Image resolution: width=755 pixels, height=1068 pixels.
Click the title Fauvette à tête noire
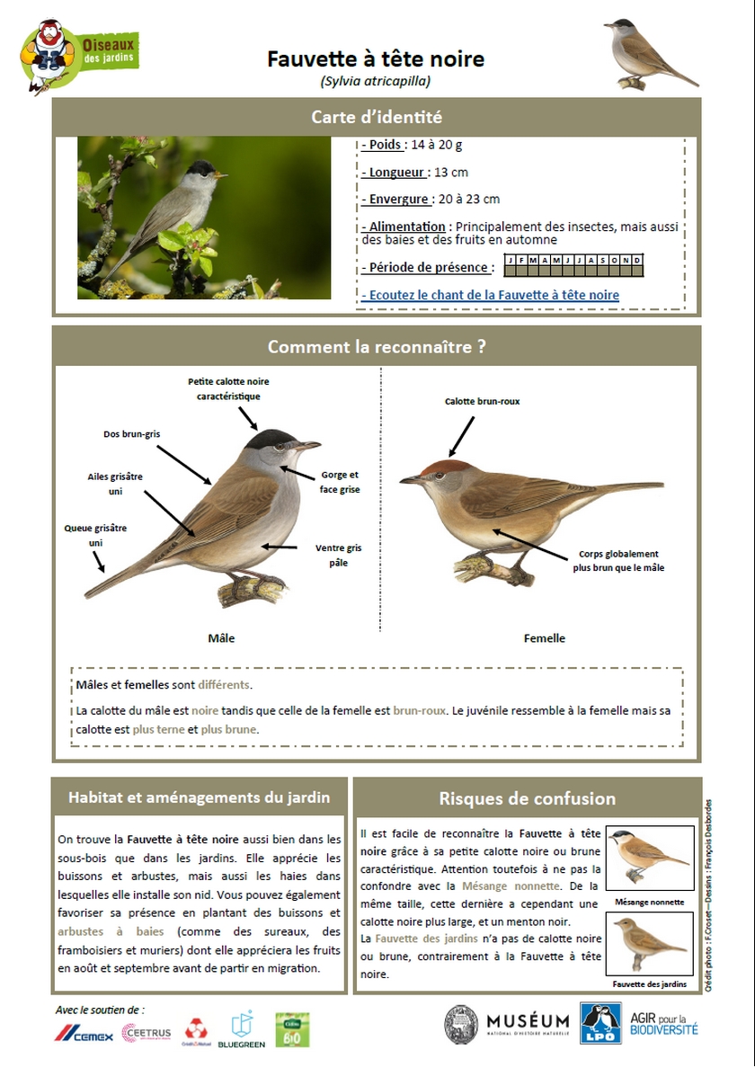point(376,59)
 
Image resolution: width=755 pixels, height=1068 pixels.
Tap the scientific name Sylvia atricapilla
point(376,81)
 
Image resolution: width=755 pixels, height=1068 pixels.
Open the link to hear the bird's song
point(491,295)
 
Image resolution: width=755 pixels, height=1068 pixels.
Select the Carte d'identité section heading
point(377,117)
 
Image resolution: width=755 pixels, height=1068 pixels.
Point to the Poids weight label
point(385,145)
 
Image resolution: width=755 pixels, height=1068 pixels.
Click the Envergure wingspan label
point(396,199)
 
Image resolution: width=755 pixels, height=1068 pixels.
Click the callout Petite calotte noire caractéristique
point(228,388)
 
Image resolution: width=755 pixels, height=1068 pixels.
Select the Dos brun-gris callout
point(131,434)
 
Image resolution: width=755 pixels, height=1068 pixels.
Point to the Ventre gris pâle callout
point(338,555)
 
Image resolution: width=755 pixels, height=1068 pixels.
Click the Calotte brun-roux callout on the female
point(482,401)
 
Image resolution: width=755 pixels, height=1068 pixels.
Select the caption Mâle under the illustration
point(221,638)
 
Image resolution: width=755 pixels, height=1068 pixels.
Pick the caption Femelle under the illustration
point(545,638)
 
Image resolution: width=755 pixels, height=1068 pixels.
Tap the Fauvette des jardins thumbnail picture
point(649,944)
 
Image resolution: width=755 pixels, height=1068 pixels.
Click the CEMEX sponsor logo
point(84,1036)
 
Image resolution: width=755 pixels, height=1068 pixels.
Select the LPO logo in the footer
point(600,1023)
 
